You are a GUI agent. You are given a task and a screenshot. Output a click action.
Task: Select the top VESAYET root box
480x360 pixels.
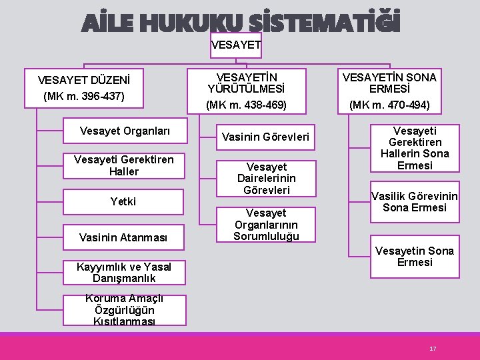[236, 45]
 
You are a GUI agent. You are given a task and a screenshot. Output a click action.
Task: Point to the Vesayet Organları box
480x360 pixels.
[124, 131]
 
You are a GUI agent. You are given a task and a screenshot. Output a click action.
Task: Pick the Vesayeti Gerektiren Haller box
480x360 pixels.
[124, 165]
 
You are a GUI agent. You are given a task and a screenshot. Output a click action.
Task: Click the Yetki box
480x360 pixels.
[124, 201]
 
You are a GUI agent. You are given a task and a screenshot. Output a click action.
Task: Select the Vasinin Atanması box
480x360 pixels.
[124, 237]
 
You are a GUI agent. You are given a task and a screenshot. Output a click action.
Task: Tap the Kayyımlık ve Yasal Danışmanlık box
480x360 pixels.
[124, 272]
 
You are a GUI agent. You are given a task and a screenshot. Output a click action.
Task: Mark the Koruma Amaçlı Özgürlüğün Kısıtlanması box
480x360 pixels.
[124, 310]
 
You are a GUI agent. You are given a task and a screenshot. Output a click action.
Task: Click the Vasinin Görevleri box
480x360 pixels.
[266, 137]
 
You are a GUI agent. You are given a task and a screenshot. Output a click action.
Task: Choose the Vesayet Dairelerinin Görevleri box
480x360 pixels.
[266, 178]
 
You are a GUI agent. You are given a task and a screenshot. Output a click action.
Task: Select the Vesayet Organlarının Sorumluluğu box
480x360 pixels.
[266, 224]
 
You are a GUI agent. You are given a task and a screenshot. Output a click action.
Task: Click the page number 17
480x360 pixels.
[433, 349]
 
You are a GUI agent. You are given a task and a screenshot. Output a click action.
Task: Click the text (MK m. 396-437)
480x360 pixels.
[84, 96]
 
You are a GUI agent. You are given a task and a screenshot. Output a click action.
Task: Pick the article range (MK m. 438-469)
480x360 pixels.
[246, 105]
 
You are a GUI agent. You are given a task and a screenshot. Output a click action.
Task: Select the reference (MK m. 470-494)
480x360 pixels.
[389, 105]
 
